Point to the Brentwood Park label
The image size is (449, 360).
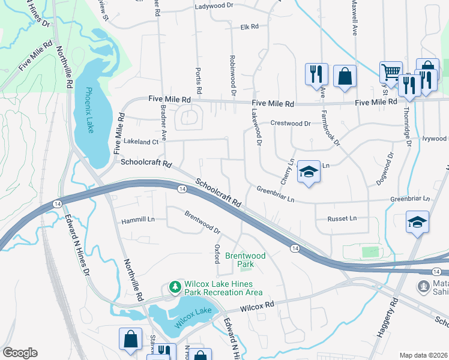pyautogui.click(x=245, y=260)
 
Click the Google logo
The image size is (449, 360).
pyautogui.click(x=20, y=353)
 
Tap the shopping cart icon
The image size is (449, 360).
pyautogui.click(x=391, y=73)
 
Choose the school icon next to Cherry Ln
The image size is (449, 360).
pyautogui.click(x=309, y=173)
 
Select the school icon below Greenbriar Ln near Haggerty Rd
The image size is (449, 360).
pyautogui.click(x=417, y=222)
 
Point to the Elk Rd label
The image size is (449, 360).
pyautogui.click(x=249, y=27)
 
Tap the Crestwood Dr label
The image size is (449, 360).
pyautogui.click(x=291, y=123)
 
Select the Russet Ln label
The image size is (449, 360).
pyautogui.click(x=342, y=218)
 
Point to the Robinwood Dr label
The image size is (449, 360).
pyautogui.click(x=232, y=76)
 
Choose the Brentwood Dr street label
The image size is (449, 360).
pyautogui.click(x=202, y=222)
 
